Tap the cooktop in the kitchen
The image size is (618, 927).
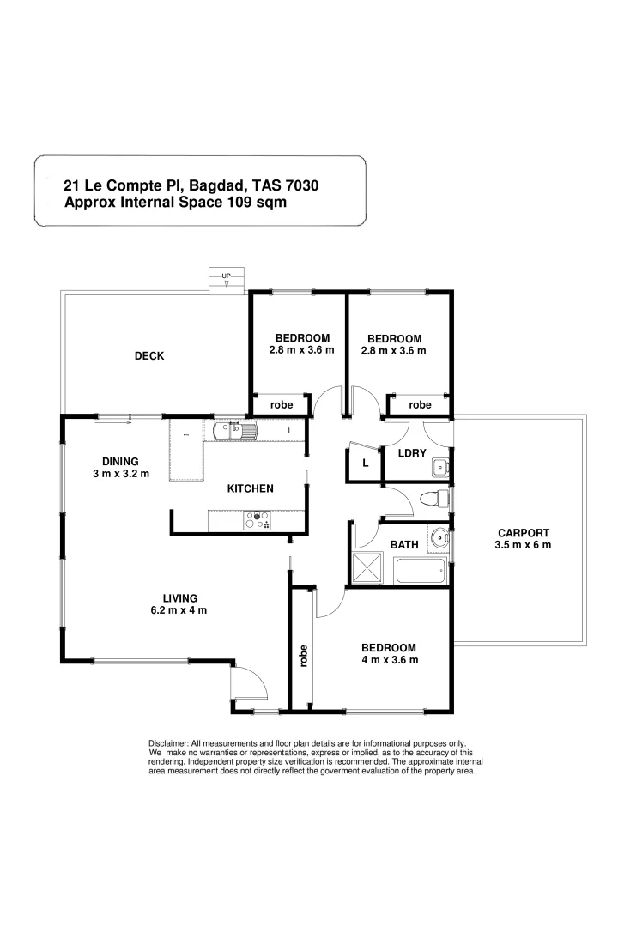(258, 520)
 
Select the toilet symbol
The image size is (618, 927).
(438, 498)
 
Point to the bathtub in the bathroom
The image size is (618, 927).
(421, 570)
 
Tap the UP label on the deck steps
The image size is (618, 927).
(227, 276)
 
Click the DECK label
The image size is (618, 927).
(148, 356)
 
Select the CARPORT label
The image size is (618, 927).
(522, 532)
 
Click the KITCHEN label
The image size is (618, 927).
(250, 488)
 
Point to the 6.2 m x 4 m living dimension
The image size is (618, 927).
(180, 610)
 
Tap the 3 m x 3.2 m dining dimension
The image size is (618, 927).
(120, 474)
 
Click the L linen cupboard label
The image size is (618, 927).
(365, 463)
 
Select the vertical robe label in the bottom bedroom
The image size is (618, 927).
(303, 656)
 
